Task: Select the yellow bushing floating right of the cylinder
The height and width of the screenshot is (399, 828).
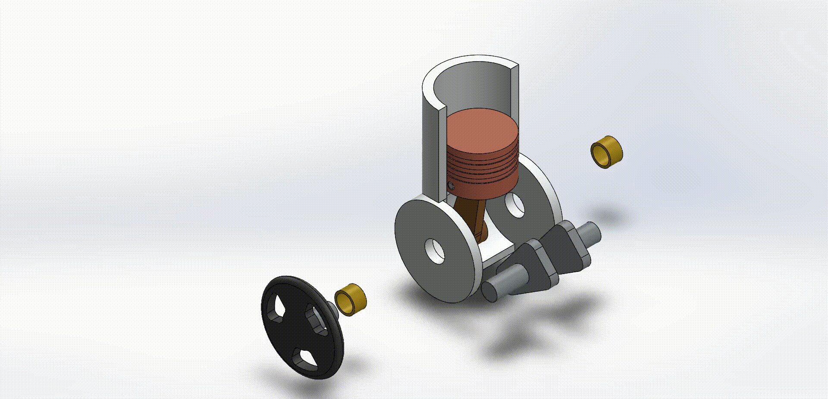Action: [x=607, y=152]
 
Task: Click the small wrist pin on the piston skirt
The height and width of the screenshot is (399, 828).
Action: [x=451, y=186]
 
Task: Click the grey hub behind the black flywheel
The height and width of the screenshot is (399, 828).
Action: [x=332, y=308]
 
